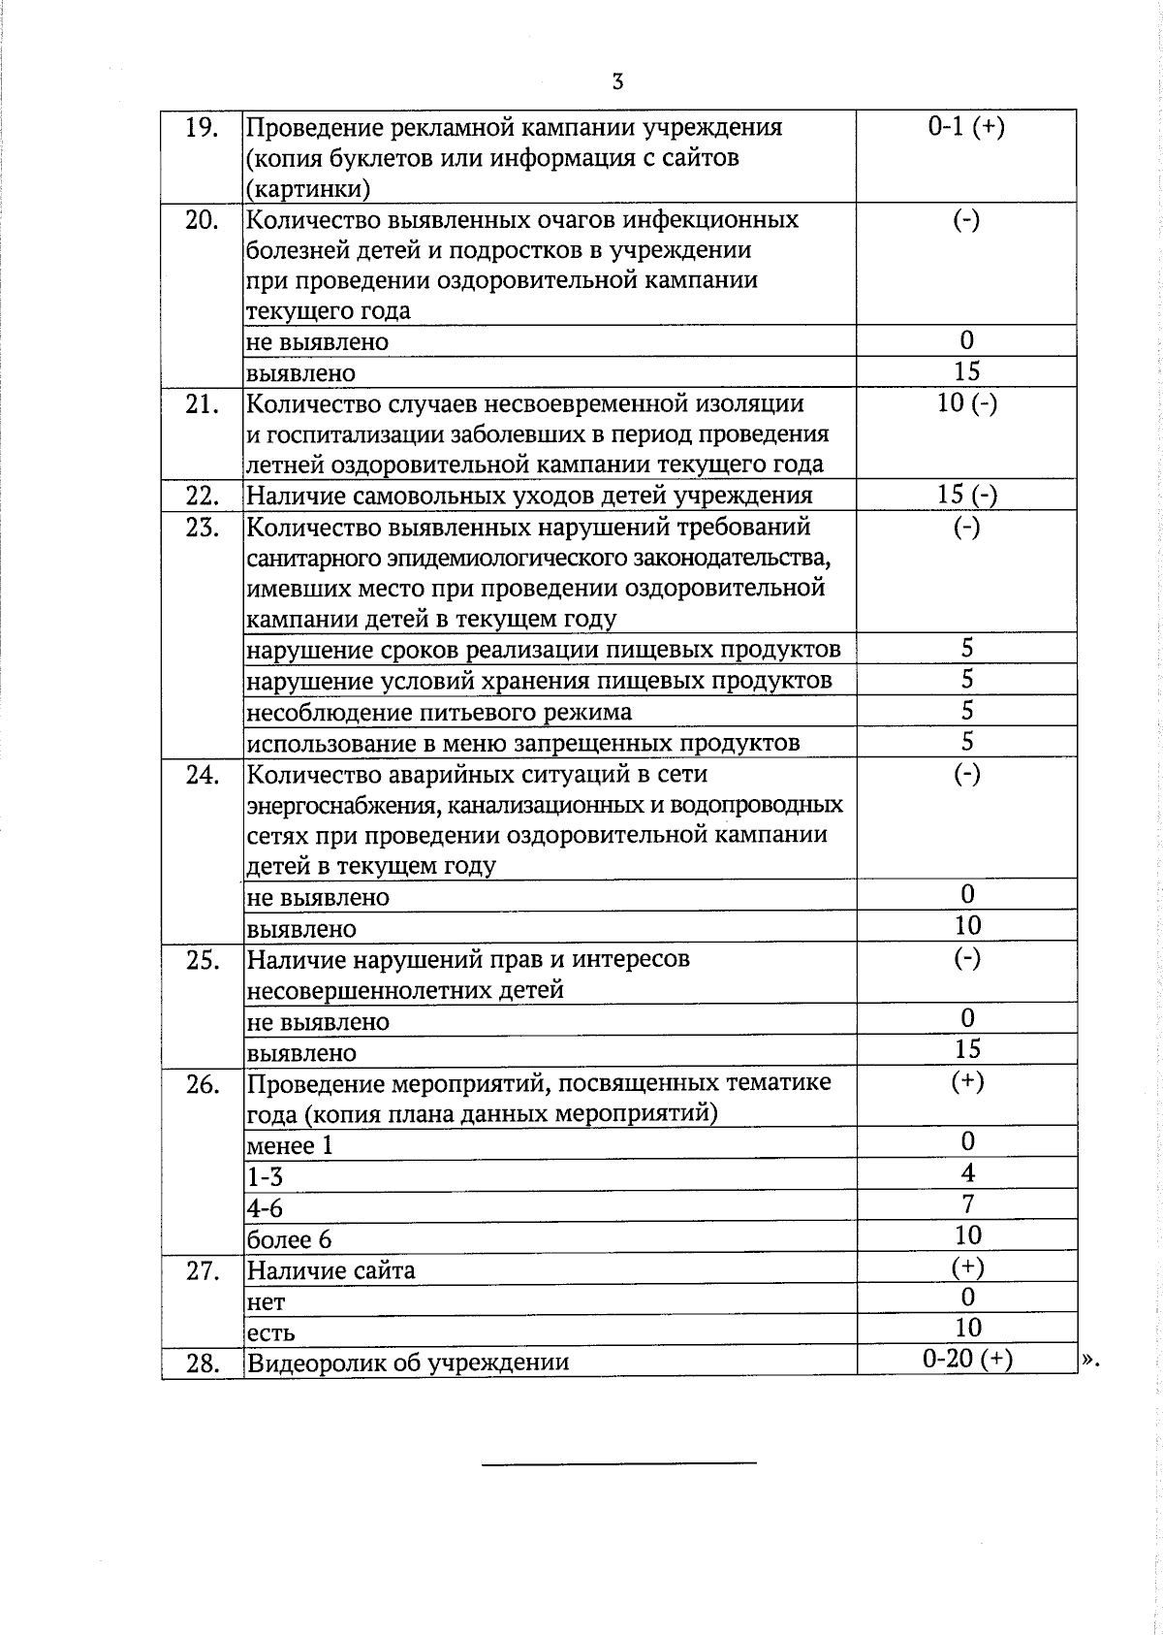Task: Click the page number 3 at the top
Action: [x=617, y=81]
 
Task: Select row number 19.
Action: [x=201, y=128]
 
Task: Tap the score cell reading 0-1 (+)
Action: [x=965, y=127]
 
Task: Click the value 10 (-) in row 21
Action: [x=966, y=403]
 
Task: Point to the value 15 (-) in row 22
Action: [x=966, y=495]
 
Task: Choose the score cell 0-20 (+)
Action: [x=967, y=1360]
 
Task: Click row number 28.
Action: [x=201, y=1362]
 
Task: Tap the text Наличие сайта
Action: [x=330, y=1269]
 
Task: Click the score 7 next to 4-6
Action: [x=967, y=1204]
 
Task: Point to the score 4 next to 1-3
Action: [x=967, y=1173]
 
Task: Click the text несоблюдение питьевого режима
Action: [x=439, y=712]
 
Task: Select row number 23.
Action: [x=201, y=529]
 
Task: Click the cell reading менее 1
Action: [x=290, y=1145]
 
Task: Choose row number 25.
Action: [x=201, y=960]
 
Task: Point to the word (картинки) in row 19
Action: [x=308, y=188]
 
